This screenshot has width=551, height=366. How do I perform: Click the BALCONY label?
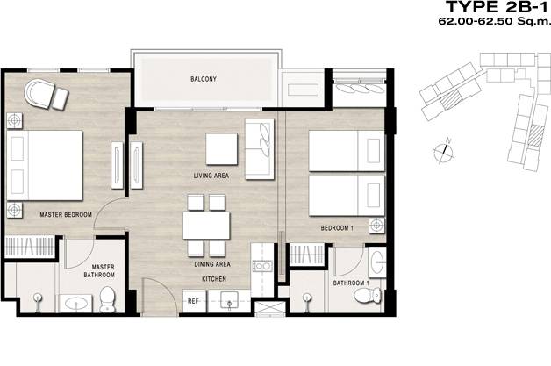click(x=204, y=79)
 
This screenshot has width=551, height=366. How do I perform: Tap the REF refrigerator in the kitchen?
click(x=194, y=301)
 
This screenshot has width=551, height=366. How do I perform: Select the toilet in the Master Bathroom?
click(x=108, y=299)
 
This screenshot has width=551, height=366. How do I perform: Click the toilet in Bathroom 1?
click(x=368, y=295)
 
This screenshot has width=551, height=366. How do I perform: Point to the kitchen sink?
click(x=229, y=300)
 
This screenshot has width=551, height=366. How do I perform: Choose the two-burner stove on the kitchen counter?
click(x=262, y=266)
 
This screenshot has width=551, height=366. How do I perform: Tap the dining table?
click(x=206, y=226)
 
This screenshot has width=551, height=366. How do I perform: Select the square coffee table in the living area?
click(x=222, y=149)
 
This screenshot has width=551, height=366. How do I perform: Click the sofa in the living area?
click(x=260, y=149)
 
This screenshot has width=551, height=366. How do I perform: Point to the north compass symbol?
click(x=444, y=151)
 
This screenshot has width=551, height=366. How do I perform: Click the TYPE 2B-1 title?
click(x=497, y=7)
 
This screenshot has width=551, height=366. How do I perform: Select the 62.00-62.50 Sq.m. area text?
click(x=494, y=21)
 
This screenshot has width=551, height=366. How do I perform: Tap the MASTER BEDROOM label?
click(x=66, y=214)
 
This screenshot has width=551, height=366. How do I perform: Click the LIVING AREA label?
click(x=211, y=176)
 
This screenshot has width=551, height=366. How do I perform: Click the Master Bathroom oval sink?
click(x=76, y=304)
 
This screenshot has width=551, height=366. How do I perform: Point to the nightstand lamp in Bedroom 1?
click(x=376, y=226)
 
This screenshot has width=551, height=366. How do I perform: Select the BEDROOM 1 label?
click(x=337, y=228)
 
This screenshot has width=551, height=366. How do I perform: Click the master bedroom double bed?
click(x=45, y=166)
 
